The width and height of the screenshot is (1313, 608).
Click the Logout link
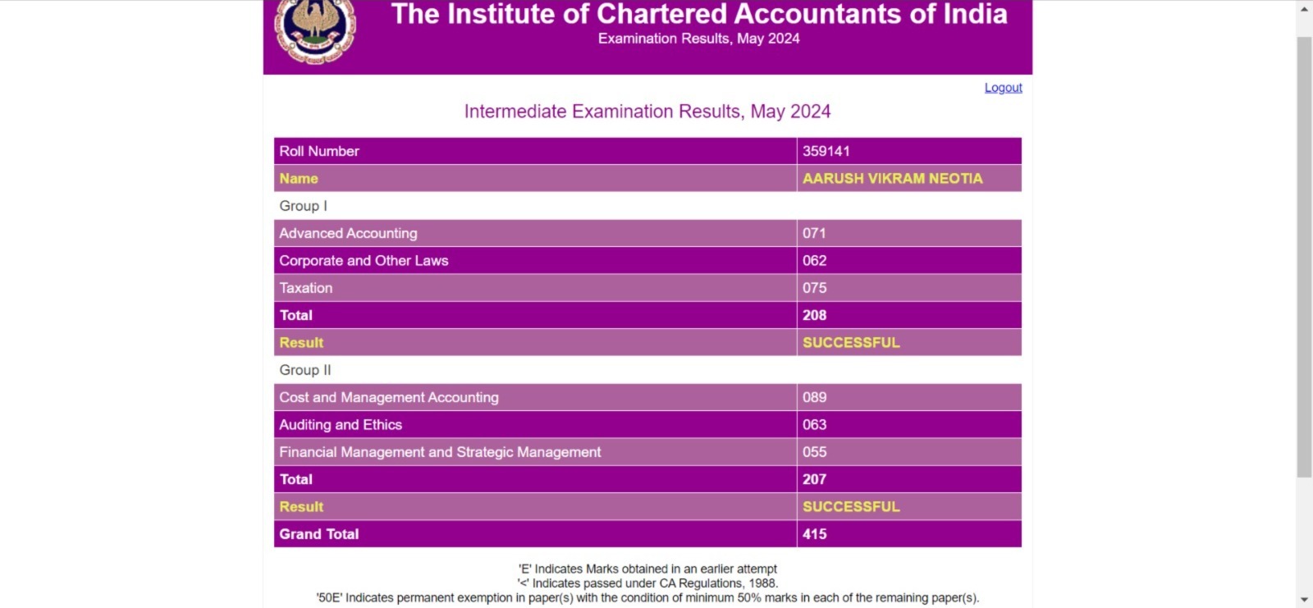tap(1003, 88)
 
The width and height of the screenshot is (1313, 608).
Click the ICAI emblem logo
tap(315, 31)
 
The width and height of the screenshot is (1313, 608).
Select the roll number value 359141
tap(826, 151)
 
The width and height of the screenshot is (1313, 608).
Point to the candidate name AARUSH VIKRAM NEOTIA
tap(892, 178)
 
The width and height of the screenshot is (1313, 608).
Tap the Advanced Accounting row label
tap(348, 233)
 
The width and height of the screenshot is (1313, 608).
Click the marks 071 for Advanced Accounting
tap(814, 233)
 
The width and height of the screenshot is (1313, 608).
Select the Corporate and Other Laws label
tap(364, 261)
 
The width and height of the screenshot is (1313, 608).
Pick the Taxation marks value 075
tap(814, 288)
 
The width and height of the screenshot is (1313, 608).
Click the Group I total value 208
tap(814, 315)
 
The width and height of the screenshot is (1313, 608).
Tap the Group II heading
tap(305, 370)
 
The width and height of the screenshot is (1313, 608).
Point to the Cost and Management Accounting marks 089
tap(814, 397)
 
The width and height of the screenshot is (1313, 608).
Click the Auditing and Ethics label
tap(341, 425)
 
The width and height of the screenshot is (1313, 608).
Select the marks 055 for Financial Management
tap(814, 452)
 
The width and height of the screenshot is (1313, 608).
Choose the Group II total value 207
tap(814, 479)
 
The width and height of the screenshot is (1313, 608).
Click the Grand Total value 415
tap(814, 534)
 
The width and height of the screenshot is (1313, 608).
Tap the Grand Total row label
tap(319, 534)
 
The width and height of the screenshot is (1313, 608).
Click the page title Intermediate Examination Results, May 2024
tap(647, 112)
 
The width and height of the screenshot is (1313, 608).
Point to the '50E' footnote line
tap(647, 598)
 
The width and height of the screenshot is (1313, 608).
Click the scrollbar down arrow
tap(1304, 600)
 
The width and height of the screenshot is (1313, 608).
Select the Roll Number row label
tap(319, 151)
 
